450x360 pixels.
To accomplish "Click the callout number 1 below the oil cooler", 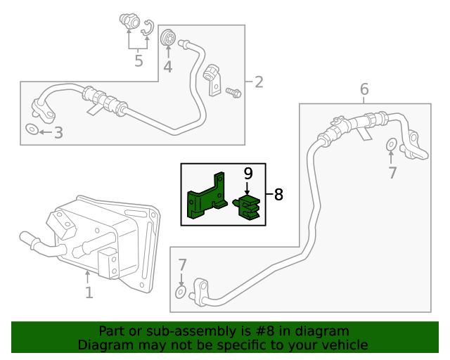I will tap(89, 292).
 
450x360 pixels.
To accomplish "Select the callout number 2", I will tap(258, 82).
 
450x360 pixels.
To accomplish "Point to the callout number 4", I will tap(167, 67).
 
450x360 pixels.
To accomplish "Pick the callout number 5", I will tap(139, 61).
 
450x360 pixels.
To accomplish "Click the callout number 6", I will tap(364, 89).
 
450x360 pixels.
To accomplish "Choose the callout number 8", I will tap(278, 195).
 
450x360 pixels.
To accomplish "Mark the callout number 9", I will tap(247, 173).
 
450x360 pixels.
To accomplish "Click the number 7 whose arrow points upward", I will tap(392, 172).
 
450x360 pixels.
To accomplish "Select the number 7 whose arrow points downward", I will tap(182, 265).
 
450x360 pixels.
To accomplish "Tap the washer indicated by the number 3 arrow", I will tap(32, 130).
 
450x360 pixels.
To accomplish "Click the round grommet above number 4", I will tap(168, 37).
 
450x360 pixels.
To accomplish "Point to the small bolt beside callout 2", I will tap(233, 91).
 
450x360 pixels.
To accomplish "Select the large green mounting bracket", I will tap(205, 196).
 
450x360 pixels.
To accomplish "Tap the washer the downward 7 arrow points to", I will tap(181, 291).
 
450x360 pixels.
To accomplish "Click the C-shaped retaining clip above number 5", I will tap(148, 27).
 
